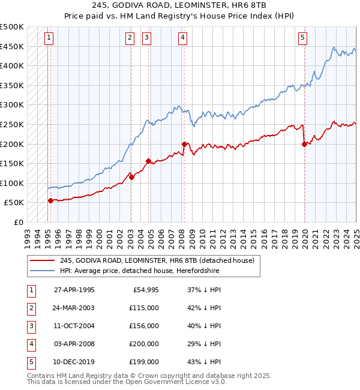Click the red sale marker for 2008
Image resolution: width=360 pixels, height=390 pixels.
click(x=184, y=144)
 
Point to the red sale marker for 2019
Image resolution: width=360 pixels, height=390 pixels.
click(x=305, y=144)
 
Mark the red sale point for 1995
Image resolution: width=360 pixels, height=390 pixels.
click(x=50, y=200)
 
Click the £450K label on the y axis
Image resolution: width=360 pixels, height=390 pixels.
click(x=12, y=46)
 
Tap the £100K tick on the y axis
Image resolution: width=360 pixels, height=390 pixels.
click(x=12, y=183)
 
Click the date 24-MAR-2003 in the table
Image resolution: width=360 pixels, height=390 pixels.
click(x=74, y=308)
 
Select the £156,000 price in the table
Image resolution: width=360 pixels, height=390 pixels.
click(x=145, y=326)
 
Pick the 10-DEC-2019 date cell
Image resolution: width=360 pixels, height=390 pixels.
click(x=74, y=362)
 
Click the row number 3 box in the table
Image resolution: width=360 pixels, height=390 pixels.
click(x=31, y=326)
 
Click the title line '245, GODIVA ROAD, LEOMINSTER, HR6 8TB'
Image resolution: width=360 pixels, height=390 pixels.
click(x=179, y=5)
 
